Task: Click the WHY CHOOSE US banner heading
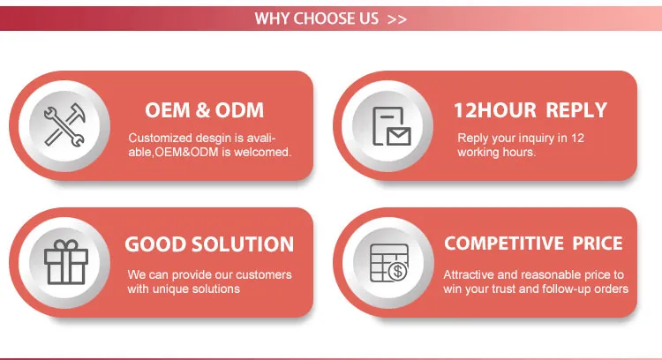317,18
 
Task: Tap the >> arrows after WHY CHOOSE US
396,19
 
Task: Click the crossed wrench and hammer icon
64,124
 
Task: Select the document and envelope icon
390,124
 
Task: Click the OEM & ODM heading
204,111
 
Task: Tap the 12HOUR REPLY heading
530,110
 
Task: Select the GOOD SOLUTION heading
209,244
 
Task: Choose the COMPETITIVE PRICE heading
533,244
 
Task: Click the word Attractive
469,274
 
